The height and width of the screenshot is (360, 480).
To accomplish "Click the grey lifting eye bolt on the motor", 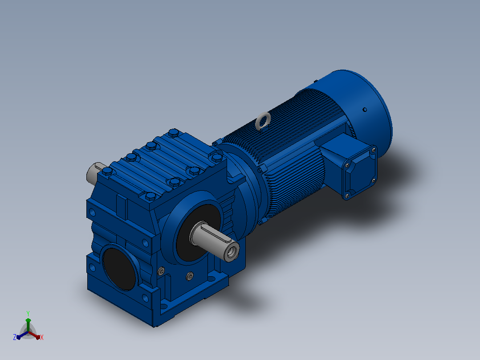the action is (263, 120).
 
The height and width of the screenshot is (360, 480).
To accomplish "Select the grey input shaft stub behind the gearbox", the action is (94, 172).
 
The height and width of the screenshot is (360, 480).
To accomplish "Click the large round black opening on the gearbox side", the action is (119, 269).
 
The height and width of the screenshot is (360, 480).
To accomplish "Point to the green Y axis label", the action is (28, 313).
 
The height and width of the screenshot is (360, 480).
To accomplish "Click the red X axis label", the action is (42, 337).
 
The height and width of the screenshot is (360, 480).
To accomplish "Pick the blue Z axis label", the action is (15, 337).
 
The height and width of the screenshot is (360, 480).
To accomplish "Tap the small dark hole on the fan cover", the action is (365, 109).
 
